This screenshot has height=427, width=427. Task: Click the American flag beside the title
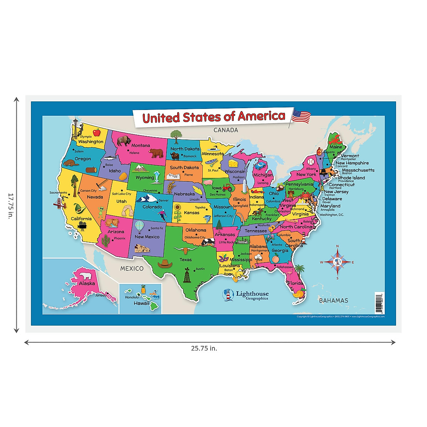click(301, 116)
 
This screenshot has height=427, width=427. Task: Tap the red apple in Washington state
click(96, 133)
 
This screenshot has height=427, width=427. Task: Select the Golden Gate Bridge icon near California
click(59, 204)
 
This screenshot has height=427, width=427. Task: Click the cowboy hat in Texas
click(165, 264)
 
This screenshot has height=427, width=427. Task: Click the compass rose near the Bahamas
click(337, 262)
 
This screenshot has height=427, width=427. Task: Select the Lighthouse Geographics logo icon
click(228, 295)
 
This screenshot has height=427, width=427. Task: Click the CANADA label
click(226, 130)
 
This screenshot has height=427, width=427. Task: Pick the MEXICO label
click(132, 269)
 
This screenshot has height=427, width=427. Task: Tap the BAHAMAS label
click(333, 301)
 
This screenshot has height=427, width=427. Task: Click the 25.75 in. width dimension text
click(204, 348)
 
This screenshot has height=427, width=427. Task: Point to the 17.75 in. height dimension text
click(10, 206)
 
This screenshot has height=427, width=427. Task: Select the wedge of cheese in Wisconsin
click(233, 163)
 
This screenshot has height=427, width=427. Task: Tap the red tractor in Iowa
click(227, 187)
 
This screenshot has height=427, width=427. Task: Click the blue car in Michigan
click(260, 165)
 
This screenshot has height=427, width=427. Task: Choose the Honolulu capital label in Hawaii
click(132, 297)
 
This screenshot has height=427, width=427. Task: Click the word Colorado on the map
click(152, 207)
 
